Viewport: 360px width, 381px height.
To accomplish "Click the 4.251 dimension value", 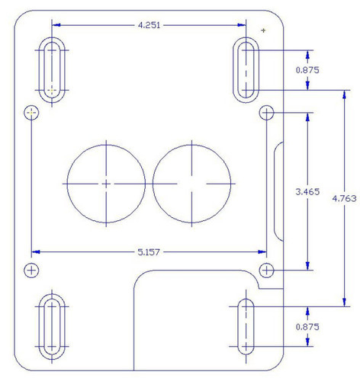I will pyautogui.click(x=149, y=25).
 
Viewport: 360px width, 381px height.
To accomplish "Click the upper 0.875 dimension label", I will pyautogui.click(x=306, y=69).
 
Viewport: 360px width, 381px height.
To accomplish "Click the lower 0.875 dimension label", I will pyautogui.click(x=306, y=327).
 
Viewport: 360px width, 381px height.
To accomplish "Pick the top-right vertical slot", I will pyautogui.click(x=246, y=69).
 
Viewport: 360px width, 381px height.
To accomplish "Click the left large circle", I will pyautogui.click(x=105, y=183).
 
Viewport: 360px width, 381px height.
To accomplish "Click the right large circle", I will pyautogui.click(x=191, y=183).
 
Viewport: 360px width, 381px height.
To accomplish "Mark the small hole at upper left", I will pyautogui.click(x=31, y=113).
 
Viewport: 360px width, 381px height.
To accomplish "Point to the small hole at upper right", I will pyautogui.click(x=266, y=113).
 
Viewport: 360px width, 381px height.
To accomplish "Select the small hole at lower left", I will pyautogui.click(x=31, y=270).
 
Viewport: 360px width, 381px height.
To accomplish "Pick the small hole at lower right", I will pyautogui.click(x=266, y=270).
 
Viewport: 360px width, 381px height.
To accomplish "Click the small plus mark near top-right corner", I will pyautogui.click(x=263, y=30).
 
